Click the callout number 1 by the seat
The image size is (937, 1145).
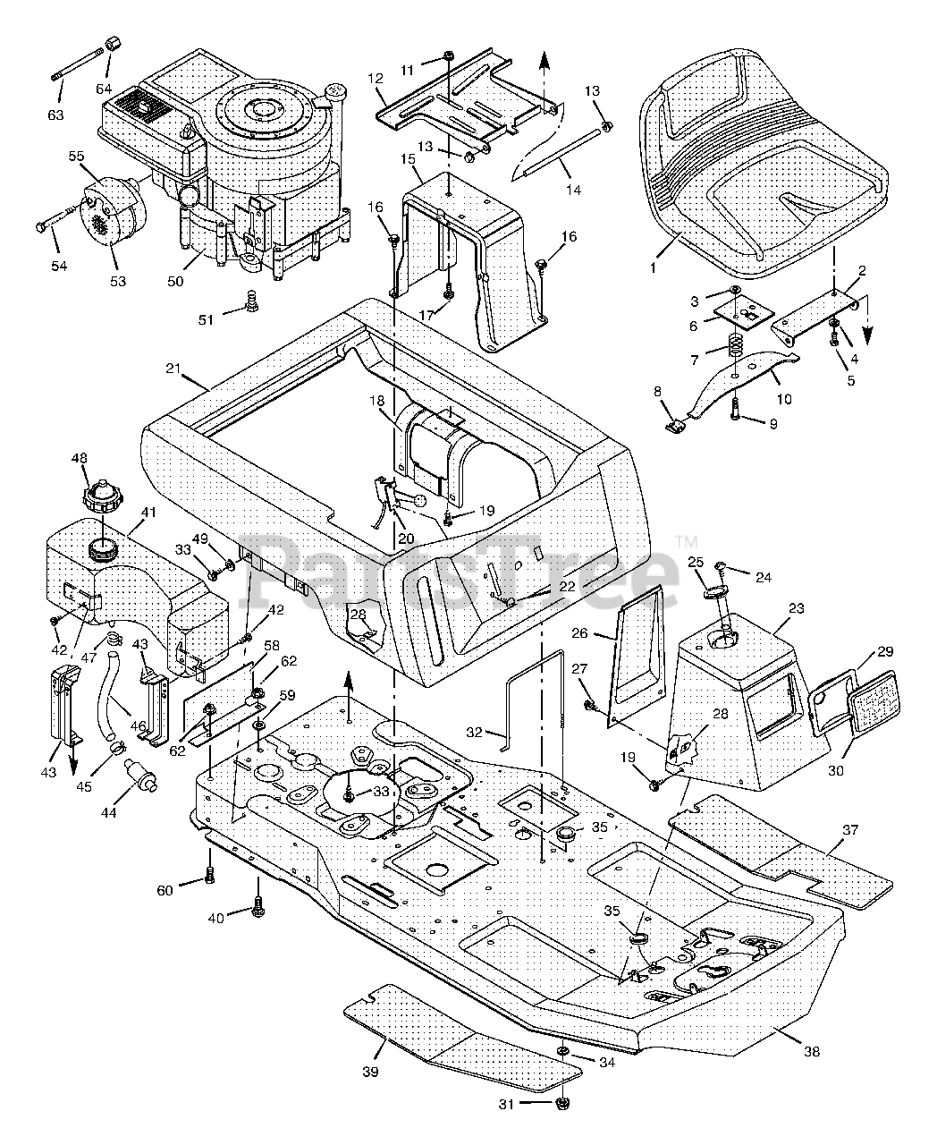tap(654, 267)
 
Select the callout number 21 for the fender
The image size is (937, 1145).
tap(173, 369)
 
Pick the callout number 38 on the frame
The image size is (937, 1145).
tap(812, 1052)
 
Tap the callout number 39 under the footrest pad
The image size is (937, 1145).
tap(370, 1072)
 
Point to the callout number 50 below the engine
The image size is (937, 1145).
tap(175, 281)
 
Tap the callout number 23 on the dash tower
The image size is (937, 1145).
tap(797, 608)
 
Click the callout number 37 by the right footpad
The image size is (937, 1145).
tap(850, 844)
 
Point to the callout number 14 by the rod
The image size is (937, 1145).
tap(573, 190)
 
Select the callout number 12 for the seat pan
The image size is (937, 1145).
tap(376, 79)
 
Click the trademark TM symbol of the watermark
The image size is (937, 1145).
tap(687, 541)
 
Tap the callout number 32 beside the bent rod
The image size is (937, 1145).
tap(474, 732)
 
